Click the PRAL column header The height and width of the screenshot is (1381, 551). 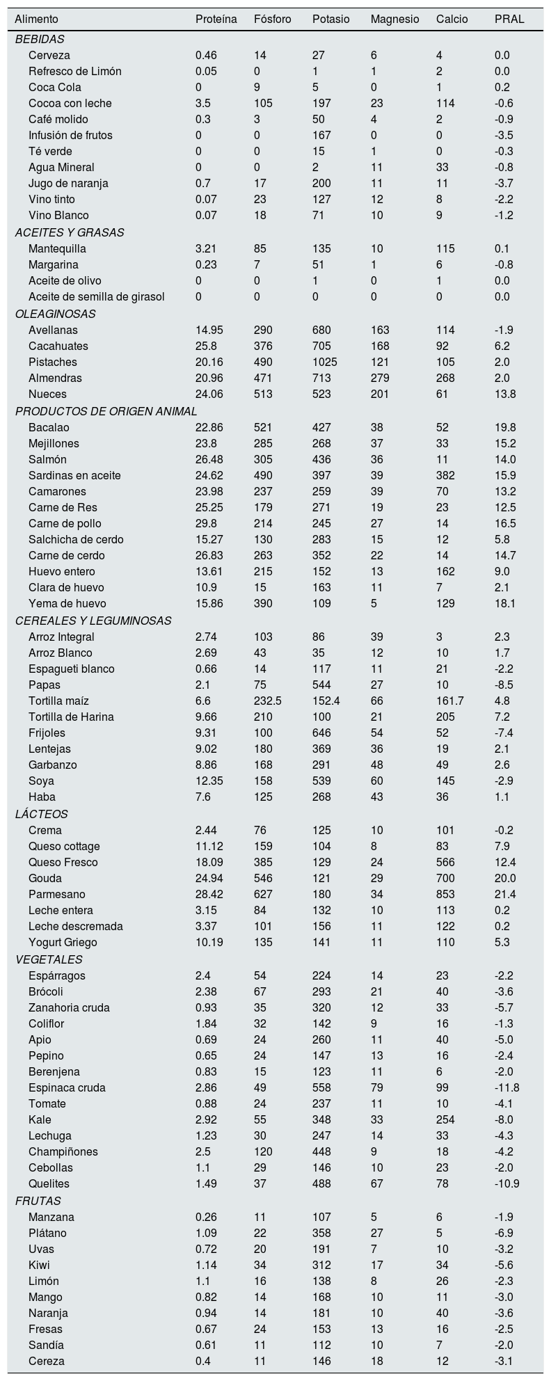point(509,19)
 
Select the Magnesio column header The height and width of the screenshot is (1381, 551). point(394,19)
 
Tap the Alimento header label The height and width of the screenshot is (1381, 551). point(36,19)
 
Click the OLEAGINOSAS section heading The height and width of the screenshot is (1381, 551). point(45,314)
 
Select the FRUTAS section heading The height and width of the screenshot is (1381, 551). point(38,1201)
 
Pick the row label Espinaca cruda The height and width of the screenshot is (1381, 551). point(67,1087)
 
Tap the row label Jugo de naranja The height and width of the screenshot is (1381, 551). point(68,183)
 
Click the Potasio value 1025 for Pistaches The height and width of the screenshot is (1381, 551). point(325,362)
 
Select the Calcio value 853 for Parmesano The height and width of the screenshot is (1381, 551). point(445,894)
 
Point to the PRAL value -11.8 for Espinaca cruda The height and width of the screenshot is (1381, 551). point(506,1087)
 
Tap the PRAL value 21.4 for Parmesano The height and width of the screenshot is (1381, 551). point(504,894)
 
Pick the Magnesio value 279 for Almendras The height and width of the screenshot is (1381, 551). point(380,378)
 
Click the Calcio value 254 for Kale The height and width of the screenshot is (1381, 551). point(445,1119)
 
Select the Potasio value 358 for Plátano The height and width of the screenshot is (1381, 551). point(321,1233)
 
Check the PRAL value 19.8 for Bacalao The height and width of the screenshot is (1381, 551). point(504,427)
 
